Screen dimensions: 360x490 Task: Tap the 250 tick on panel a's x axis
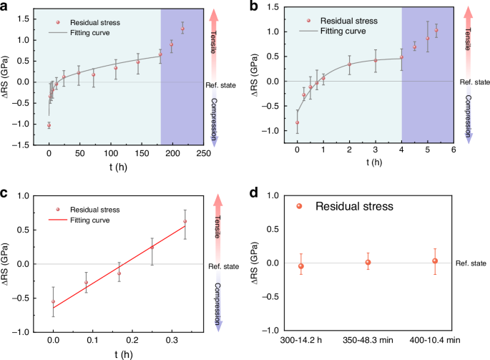click(x=203, y=152)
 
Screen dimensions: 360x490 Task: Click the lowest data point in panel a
click(x=49, y=125)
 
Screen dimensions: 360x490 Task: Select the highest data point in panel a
click(x=182, y=29)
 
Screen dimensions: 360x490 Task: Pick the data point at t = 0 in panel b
click(x=297, y=122)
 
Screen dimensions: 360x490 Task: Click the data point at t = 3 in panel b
click(x=375, y=60)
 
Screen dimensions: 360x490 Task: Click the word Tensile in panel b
click(x=468, y=36)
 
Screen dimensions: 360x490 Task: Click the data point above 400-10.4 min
click(x=434, y=261)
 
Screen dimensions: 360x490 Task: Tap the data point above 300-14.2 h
click(x=301, y=266)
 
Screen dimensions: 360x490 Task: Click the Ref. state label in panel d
click(x=472, y=263)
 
